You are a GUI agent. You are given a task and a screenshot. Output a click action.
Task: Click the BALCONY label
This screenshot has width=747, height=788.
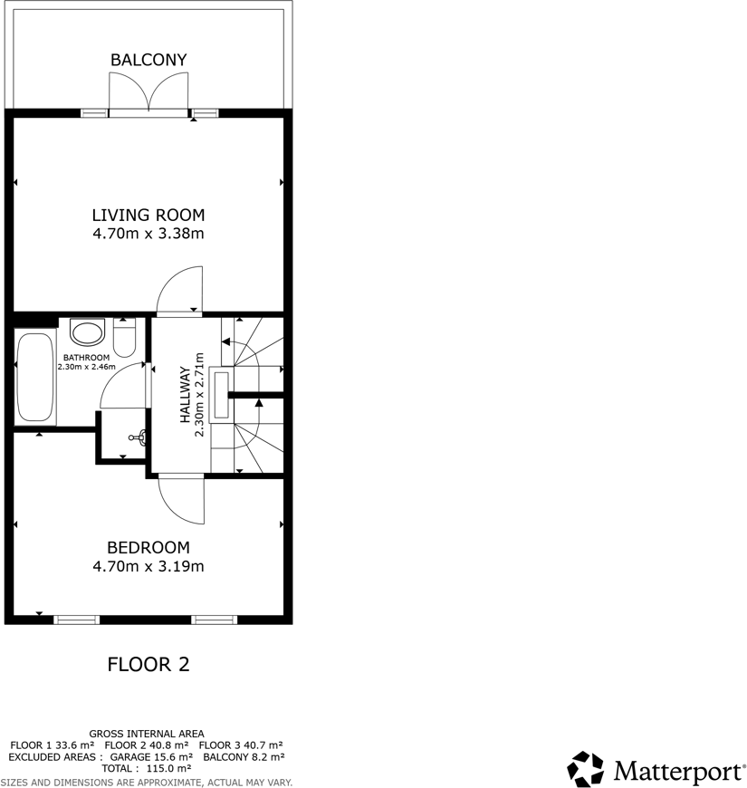[148, 60]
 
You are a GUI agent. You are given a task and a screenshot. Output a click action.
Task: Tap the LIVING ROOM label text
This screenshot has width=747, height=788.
[148, 216]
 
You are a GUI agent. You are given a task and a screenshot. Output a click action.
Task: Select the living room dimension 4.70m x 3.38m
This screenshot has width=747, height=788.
[148, 234]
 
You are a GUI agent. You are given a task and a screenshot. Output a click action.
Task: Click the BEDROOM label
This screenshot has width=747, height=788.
[148, 548]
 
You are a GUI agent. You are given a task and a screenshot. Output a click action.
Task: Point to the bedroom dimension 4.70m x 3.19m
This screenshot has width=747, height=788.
[148, 567]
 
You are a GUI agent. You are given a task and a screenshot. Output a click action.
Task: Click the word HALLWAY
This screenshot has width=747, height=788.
[185, 395]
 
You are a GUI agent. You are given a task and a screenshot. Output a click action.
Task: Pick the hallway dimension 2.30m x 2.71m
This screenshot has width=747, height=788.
[200, 395]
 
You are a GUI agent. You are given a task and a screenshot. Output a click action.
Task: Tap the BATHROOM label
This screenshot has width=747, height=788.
[88, 358]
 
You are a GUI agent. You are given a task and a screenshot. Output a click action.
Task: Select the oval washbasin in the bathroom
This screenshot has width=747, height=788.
[88, 332]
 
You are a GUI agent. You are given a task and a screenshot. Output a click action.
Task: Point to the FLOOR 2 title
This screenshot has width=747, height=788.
[148, 665]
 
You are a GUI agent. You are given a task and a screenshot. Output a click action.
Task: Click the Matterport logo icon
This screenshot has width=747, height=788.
[586, 769]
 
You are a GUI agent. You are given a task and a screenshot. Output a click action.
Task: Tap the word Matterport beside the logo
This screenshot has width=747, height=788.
[674, 771]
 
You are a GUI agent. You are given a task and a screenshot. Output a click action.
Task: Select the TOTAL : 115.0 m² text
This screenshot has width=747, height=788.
[147, 768]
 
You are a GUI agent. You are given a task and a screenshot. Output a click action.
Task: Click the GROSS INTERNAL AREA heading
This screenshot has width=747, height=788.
[147, 734]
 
